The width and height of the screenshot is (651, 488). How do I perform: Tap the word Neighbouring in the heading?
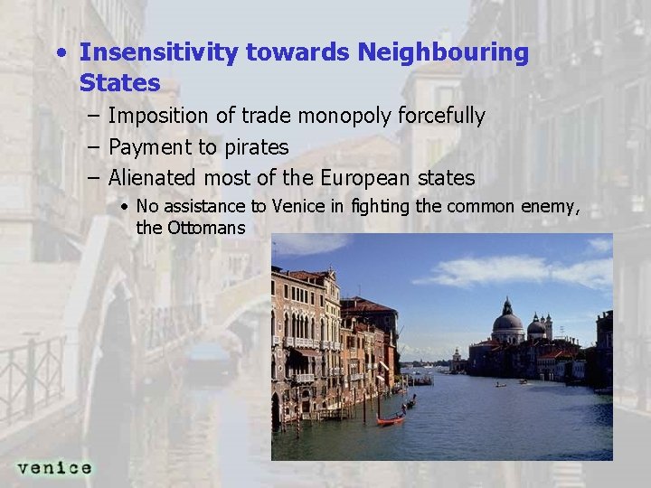443,52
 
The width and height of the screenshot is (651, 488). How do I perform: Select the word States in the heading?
119,83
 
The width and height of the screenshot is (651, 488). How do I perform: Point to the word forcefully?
442,117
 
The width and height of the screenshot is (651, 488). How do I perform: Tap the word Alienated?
152,178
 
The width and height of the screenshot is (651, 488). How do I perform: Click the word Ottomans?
206,228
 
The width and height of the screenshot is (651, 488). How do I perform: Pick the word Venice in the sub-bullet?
297,207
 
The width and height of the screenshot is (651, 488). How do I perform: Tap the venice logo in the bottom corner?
54,467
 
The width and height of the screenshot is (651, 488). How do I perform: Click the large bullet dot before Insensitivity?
60,52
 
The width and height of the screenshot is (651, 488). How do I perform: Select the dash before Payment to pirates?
94,147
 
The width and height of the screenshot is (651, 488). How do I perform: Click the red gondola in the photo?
390,419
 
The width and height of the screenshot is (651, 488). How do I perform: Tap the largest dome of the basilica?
507,320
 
